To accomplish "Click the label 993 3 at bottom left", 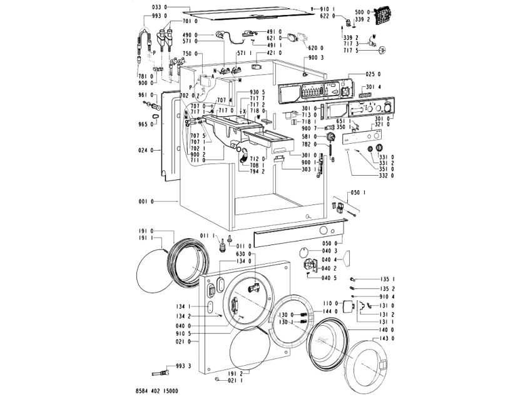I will [181, 366].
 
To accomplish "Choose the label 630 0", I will [242, 254].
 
